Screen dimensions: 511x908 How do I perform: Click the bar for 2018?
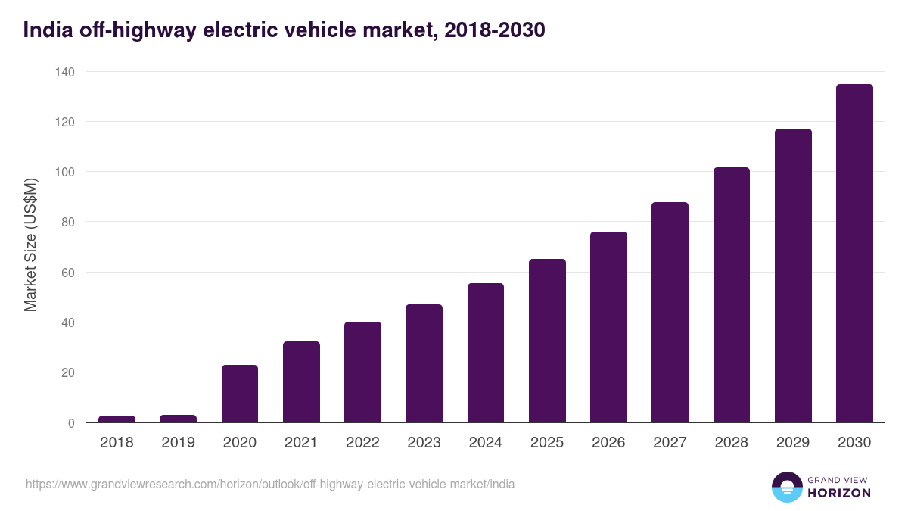(x=117, y=419)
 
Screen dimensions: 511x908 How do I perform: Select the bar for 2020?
(x=240, y=394)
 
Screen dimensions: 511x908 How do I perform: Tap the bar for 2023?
(x=424, y=363)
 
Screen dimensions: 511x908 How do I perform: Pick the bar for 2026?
(x=608, y=327)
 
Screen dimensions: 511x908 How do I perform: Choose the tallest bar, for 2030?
(x=854, y=254)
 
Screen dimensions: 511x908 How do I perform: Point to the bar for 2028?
(x=731, y=295)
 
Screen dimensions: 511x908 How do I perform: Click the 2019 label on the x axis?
(x=178, y=442)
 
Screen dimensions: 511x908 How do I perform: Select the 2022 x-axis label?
(x=362, y=442)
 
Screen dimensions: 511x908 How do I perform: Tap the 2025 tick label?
(x=547, y=442)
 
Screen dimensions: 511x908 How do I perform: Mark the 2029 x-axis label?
(x=793, y=442)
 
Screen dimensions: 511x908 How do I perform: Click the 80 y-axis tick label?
(x=67, y=223)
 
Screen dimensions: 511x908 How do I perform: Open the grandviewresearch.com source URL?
(x=270, y=484)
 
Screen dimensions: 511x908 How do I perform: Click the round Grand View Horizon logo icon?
(x=786, y=487)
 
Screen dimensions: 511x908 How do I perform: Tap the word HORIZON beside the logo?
(x=838, y=493)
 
